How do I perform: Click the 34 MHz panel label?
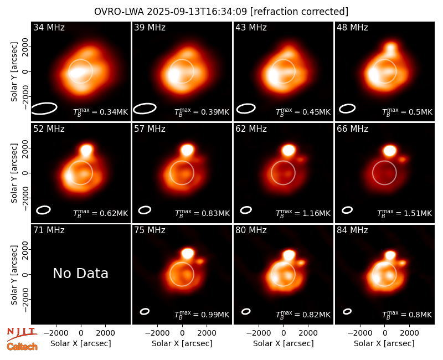pyautogui.click(x=49, y=27)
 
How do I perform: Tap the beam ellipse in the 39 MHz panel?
pyautogui.click(x=145, y=109)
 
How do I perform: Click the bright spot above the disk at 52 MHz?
pyautogui.click(x=87, y=150)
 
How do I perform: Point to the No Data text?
pyautogui.click(x=80, y=273)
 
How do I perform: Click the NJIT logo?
pyautogui.click(x=22, y=333)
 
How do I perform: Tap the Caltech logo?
pyautogui.click(x=22, y=347)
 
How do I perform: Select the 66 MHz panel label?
pyautogui.click(x=352, y=129)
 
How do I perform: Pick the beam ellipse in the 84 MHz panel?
pyautogui.click(x=347, y=311)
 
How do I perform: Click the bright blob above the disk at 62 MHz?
pyautogui.click(x=289, y=150)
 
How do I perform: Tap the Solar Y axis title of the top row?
pyautogui.click(x=14, y=72)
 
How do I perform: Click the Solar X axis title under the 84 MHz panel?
pyautogui.click(x=384, y=343)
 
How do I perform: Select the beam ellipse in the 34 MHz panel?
pyautogui.click(x=44, y=109)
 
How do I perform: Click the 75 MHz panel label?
pyautogui.click(x=150, y=230)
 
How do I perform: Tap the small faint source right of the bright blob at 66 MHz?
pyautogui.click(x=402, y=160)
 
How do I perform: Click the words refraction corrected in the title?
pyautogui.click(x=299, y=12)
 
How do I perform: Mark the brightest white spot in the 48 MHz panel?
pyautogui.click(x=374, y=75)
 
